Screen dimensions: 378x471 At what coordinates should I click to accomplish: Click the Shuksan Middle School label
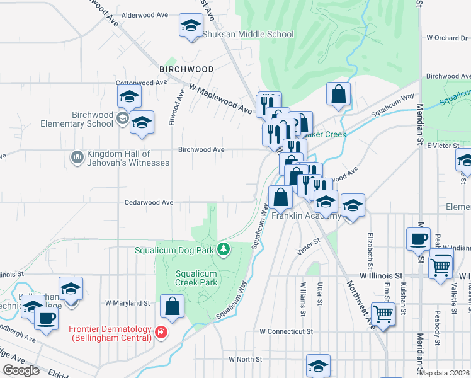coord(247,34)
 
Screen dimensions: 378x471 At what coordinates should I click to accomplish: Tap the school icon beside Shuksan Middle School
coord(189,26)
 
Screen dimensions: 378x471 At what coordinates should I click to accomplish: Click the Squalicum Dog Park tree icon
coord(223,249)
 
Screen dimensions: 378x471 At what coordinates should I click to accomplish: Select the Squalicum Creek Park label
coord(196,278)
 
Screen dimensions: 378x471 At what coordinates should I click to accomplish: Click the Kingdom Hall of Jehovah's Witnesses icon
coord(77,156)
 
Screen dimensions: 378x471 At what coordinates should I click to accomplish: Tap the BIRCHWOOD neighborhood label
coord(186,69)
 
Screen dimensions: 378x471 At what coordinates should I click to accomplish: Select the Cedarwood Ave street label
coord(149,203)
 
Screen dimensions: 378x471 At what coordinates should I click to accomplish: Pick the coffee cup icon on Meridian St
coord(418,239)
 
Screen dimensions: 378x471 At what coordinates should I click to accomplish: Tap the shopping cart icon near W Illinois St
coord(441,265)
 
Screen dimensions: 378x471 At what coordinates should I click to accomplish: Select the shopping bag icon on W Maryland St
coord(173,306)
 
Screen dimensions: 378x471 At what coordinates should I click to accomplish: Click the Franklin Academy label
coord(306,215)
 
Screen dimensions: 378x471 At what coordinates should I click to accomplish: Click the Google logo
coord(21,370)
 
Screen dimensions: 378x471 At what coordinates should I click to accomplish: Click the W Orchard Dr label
coord(447,38)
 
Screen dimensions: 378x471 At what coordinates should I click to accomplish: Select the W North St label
coord(245,359)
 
